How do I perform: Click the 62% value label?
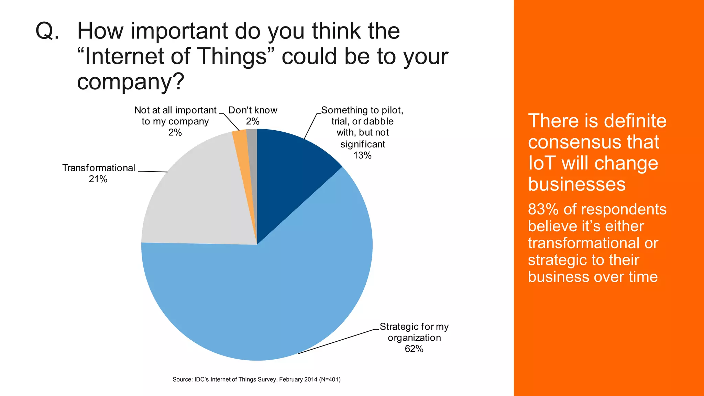click(414, 349)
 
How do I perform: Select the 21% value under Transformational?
click(98, 179)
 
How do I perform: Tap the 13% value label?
click(362, 155)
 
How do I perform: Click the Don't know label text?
click(253, 110)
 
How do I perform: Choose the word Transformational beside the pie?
click(99, 168)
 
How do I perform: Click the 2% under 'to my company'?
click(175, 132)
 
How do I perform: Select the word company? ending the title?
click(131, 82)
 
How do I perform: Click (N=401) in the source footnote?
click(330, 379)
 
